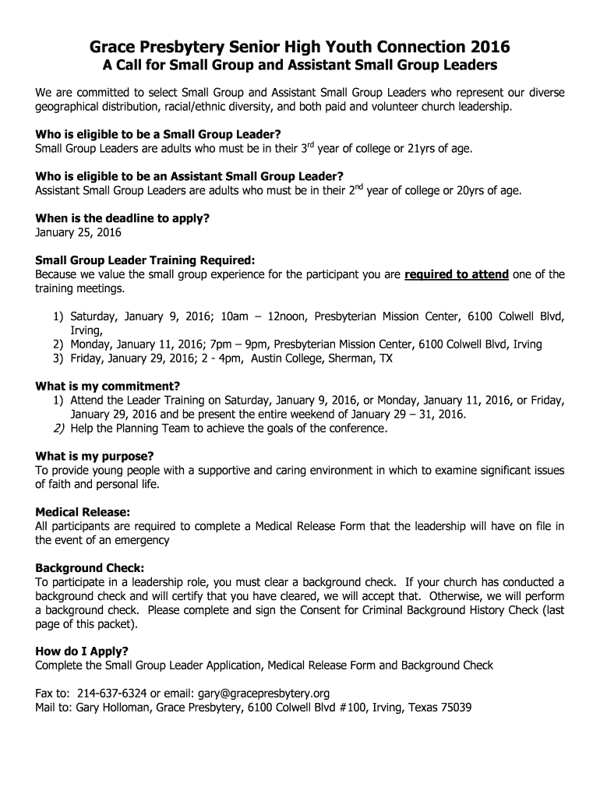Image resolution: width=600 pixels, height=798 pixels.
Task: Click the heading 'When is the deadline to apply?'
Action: pos(122,219)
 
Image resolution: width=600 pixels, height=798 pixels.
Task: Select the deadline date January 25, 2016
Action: pos(78,232)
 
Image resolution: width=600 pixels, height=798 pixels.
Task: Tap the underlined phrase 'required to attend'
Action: pos(457,274)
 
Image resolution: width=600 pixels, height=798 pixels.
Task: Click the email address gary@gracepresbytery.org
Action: pos(264,694)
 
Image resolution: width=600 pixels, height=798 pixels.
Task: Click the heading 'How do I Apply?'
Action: pos(82,651)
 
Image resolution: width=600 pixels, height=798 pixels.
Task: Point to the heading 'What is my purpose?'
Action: pos(94,456)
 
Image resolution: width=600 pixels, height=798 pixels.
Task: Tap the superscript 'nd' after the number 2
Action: pos(361,185)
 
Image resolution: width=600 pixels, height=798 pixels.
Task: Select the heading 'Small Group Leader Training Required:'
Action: pos(145,261)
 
